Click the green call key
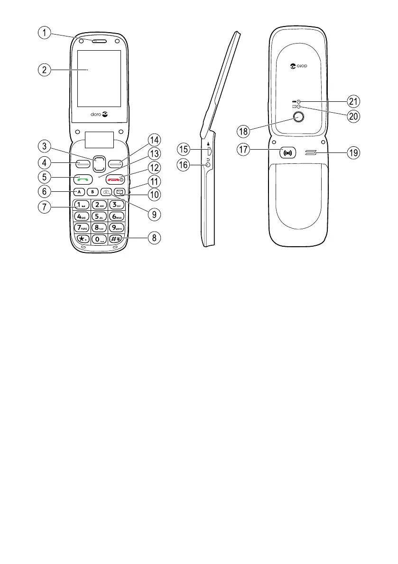(x=83, y=179)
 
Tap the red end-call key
(x=115, y=179)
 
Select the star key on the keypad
(x=83, y=239)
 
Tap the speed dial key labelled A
(x=79, y=192)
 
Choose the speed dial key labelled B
(x=93, y=192)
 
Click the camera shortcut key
(x=106, y=192)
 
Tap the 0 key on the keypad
(x=99, y=239)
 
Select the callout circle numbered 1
(x=45, y=33)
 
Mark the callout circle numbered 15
(x=185, y=149)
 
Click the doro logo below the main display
(x=99, y=114)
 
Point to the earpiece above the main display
(x=100, y=41)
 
